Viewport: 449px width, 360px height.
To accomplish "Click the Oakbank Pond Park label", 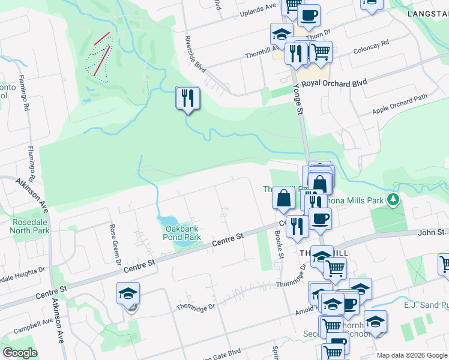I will pos(183,232).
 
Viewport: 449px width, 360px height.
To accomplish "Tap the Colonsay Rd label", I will pos(371,48).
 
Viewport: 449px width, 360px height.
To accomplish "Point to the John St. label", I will pos(432,232).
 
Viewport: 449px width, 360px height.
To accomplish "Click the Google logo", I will pos(20,353).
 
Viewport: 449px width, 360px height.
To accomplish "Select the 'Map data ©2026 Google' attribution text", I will pos(412,355).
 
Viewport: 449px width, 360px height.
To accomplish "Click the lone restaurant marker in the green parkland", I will pos(188,98).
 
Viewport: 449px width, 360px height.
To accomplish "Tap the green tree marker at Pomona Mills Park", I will pos(394,199).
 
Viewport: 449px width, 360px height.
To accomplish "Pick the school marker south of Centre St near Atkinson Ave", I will pos(128,294).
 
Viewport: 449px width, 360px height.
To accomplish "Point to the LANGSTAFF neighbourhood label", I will pos(427,13).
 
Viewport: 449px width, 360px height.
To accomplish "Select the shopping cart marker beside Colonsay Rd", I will pos(321,52).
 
